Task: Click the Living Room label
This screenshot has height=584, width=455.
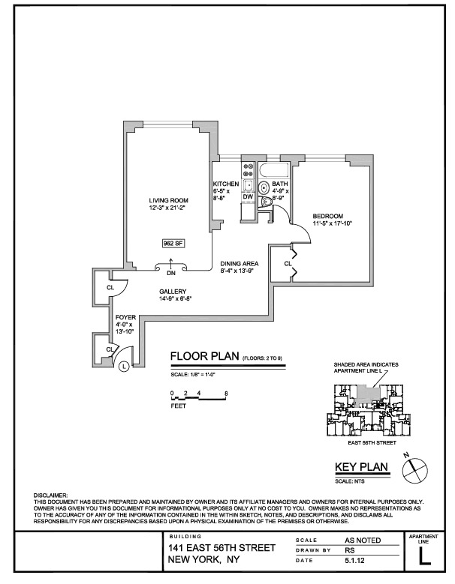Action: [x=168, y=200]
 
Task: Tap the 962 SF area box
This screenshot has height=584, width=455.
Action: [x=173, y=243]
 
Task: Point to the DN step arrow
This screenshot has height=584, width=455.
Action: [x=172, y=263]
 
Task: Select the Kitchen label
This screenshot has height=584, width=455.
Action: [x=225, y=184]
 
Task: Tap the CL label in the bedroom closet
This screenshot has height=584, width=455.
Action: [x=288, y=264]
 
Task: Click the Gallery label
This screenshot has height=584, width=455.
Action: [x=172, y=292]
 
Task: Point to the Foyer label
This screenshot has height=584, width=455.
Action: [x=125, y=317]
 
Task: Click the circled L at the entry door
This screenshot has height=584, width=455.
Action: [x=124, y=366]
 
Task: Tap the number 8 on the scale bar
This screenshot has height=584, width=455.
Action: [x=226, y=393]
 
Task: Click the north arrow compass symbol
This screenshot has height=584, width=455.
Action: [x=413, y=469]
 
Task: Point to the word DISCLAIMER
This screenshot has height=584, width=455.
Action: [x=51, y=496]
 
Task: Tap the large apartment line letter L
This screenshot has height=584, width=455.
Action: [x=425, y=557]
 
